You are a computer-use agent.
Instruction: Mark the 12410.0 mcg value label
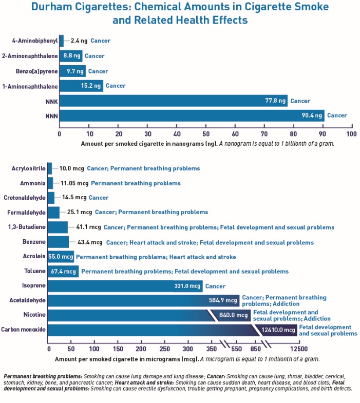(278, 330)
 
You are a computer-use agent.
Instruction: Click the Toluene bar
(63, 271)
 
